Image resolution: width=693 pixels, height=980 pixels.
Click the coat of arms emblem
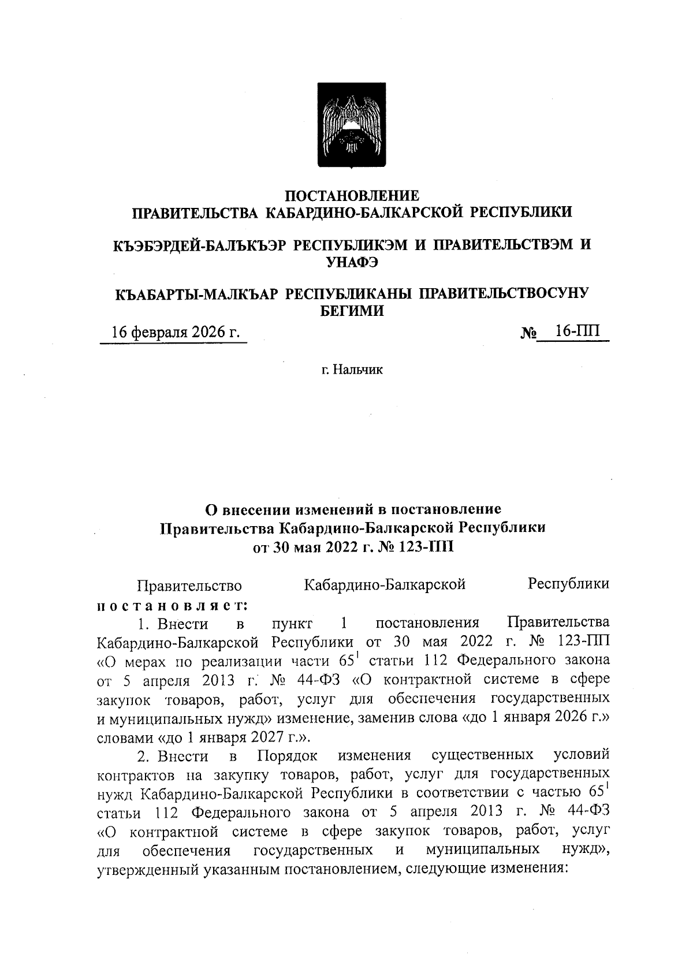352,125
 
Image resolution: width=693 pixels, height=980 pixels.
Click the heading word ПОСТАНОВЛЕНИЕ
352,196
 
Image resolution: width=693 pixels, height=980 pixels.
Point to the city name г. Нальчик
352,370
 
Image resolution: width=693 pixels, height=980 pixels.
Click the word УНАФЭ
352,262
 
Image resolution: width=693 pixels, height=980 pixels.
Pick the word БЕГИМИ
352,311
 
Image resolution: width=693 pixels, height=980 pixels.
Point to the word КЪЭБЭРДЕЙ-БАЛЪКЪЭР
199,245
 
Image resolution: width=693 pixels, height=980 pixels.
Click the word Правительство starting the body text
189,586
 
